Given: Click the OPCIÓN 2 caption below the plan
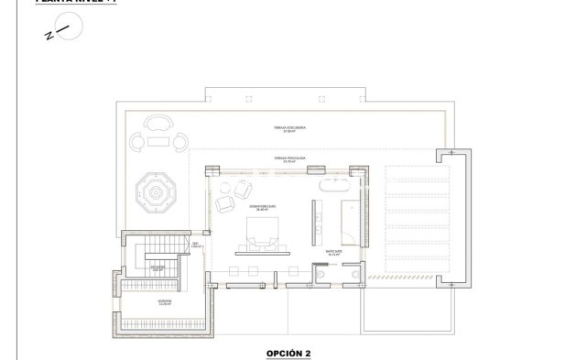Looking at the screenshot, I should [288, 351].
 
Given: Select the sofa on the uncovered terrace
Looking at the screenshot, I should [159, 123].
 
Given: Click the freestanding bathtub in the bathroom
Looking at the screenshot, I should [331, 182].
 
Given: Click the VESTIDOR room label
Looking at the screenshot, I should [164, 301].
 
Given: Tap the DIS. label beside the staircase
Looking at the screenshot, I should [194, 245].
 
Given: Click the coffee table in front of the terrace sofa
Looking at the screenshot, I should [159, 140].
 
